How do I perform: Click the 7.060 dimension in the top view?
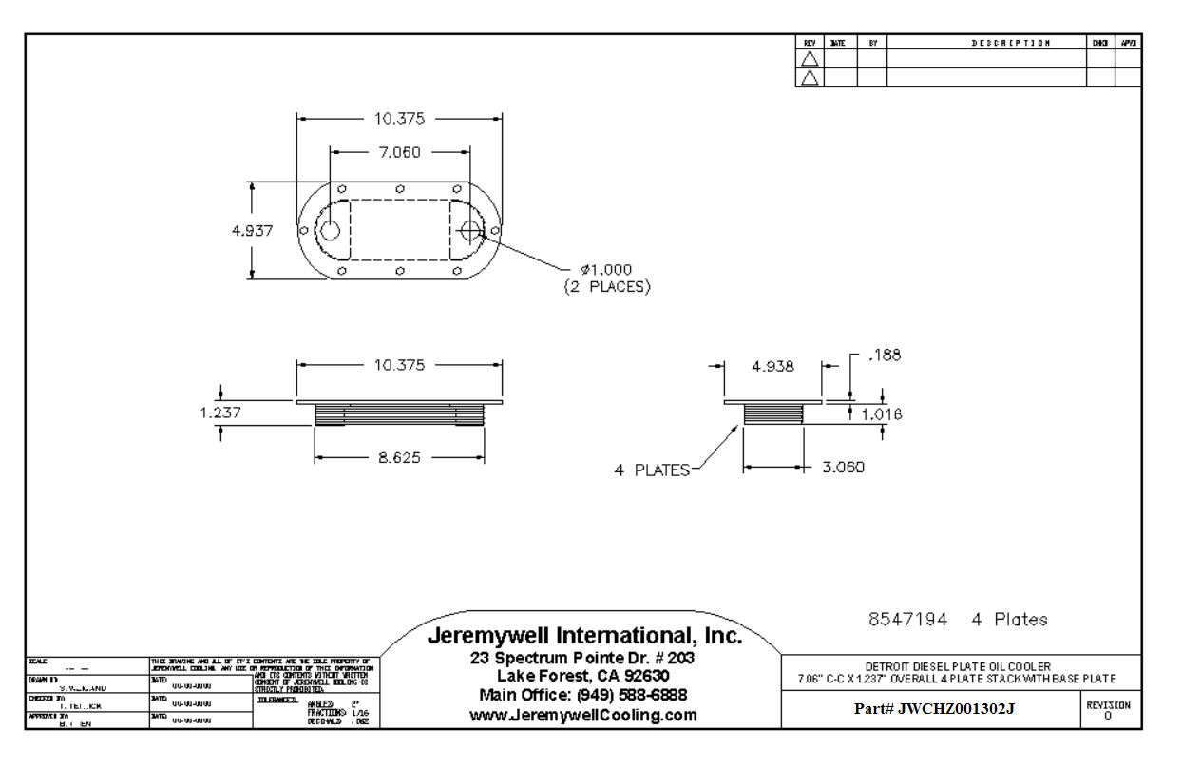point(399,152)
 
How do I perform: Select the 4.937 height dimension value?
point(253,231)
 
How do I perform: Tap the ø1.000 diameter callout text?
point(605,270)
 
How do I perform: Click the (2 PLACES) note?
point(607,286)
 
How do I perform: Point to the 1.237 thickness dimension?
point(220,413)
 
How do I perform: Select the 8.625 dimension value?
point(399,458)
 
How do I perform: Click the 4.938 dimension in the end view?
point(772,366)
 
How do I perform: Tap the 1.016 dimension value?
point(881,414)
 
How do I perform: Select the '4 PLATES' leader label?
point(652,470)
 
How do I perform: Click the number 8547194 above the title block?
point(907,620)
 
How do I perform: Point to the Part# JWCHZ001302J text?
point(934,709)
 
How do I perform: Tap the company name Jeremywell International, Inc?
point(584,636)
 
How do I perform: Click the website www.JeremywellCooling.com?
point(583,715)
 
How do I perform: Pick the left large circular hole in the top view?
point(330,231)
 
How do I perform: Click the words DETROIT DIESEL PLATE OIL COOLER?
point(958,666)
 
